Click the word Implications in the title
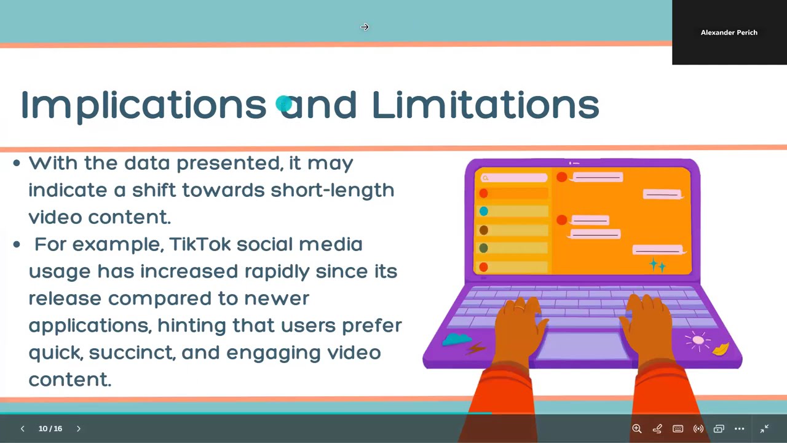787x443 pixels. click(x=143, y=105)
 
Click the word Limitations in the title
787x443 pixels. click(x=485, y=105)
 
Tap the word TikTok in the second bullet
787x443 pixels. click(x=200, y=244)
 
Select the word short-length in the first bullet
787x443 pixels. click(x=332, y=190)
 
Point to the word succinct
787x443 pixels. click(x=132, y=353)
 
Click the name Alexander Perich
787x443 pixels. click(x=729, y=33)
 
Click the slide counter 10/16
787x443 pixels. click(x=50, y=428)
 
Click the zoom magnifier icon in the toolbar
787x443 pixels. click(x=637, y=429)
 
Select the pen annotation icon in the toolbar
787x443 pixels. click(x=657, y=429)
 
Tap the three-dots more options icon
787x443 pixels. click(x=740, y=429)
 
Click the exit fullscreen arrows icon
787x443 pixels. click(x=765, y=429)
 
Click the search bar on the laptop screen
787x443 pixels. click(x=514, y=178)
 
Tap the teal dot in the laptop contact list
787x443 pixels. click(x=484, y=211)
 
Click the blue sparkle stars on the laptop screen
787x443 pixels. click(x=657, y=265)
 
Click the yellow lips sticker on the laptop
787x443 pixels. click(x=721, y=349)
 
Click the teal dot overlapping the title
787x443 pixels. click(x=283, y=103)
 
